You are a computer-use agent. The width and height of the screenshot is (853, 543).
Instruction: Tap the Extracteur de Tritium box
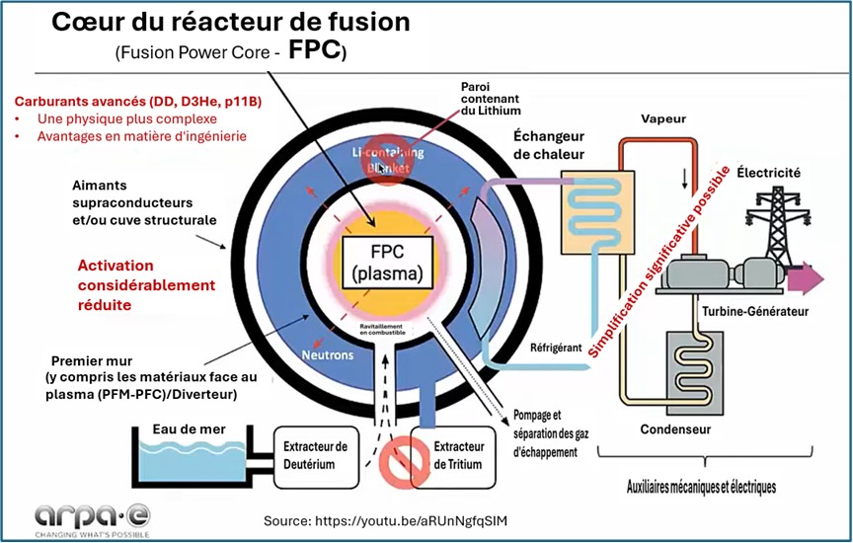[458, 454]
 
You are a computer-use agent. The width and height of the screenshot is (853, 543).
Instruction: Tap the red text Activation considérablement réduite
[146, 285]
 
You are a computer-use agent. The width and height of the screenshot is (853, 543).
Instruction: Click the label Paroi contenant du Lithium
[490, 100]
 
